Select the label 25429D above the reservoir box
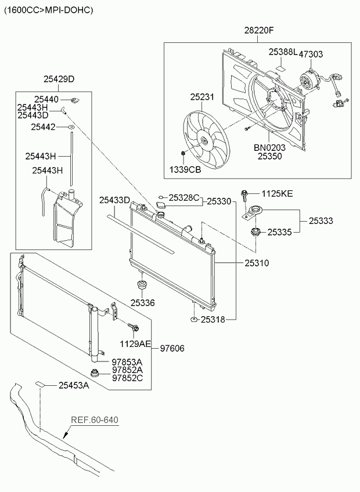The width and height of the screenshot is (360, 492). (59, 79)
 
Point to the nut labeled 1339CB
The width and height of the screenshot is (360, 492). (182, 153)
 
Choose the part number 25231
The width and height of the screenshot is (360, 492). (202, 97)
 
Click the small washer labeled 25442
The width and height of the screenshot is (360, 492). (71, 127)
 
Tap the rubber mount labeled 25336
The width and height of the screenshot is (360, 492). (143, 286)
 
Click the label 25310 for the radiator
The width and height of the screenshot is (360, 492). (257, 263)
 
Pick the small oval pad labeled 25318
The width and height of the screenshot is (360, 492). (194, 320)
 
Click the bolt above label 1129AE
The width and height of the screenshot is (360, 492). (134, 327)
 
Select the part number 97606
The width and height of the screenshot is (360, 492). (172, 348)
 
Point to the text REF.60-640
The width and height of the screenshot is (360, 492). (95, 420)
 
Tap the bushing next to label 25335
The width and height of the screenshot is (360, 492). (255, 233)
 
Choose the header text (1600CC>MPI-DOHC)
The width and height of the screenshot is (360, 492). (48, 10)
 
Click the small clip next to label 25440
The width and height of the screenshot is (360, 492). (75, 100)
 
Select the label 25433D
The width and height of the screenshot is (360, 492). (114, 200)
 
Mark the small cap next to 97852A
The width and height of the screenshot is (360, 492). (94, 372)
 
